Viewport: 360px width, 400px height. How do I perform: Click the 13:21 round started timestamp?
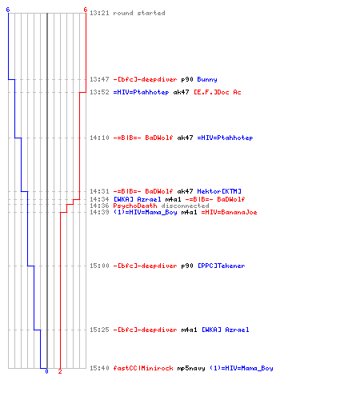click(99, 13)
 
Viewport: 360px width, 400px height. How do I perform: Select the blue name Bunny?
click(207, 79)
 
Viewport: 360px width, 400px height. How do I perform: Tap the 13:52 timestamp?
click(99, 92)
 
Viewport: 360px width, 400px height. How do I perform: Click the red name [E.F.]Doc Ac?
click(218, 92)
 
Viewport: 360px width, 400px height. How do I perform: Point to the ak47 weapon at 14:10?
click(185, 138)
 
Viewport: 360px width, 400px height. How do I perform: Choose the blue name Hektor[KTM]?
click(219, 191)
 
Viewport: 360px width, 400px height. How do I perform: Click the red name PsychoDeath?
click(135, 206)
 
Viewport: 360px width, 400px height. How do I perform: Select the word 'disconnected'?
click(185, 206)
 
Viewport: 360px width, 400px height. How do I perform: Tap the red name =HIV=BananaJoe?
click(229, 212)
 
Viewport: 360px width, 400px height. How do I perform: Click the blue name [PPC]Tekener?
click(222, 266)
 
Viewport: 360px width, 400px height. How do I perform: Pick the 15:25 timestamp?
click(99, 330)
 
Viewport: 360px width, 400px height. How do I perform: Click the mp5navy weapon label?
click(191, 368)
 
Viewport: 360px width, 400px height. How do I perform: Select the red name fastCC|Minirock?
click(143, 368)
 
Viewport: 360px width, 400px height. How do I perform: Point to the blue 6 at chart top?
click(8, 10)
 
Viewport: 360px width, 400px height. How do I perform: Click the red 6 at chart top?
click(86, 10)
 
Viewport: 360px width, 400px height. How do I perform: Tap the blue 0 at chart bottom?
click(46, 371)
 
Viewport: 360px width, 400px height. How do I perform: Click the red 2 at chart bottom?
click(60, 371)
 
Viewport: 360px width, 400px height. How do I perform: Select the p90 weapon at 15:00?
click(187, 266)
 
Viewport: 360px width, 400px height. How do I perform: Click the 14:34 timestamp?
click(99, 199)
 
